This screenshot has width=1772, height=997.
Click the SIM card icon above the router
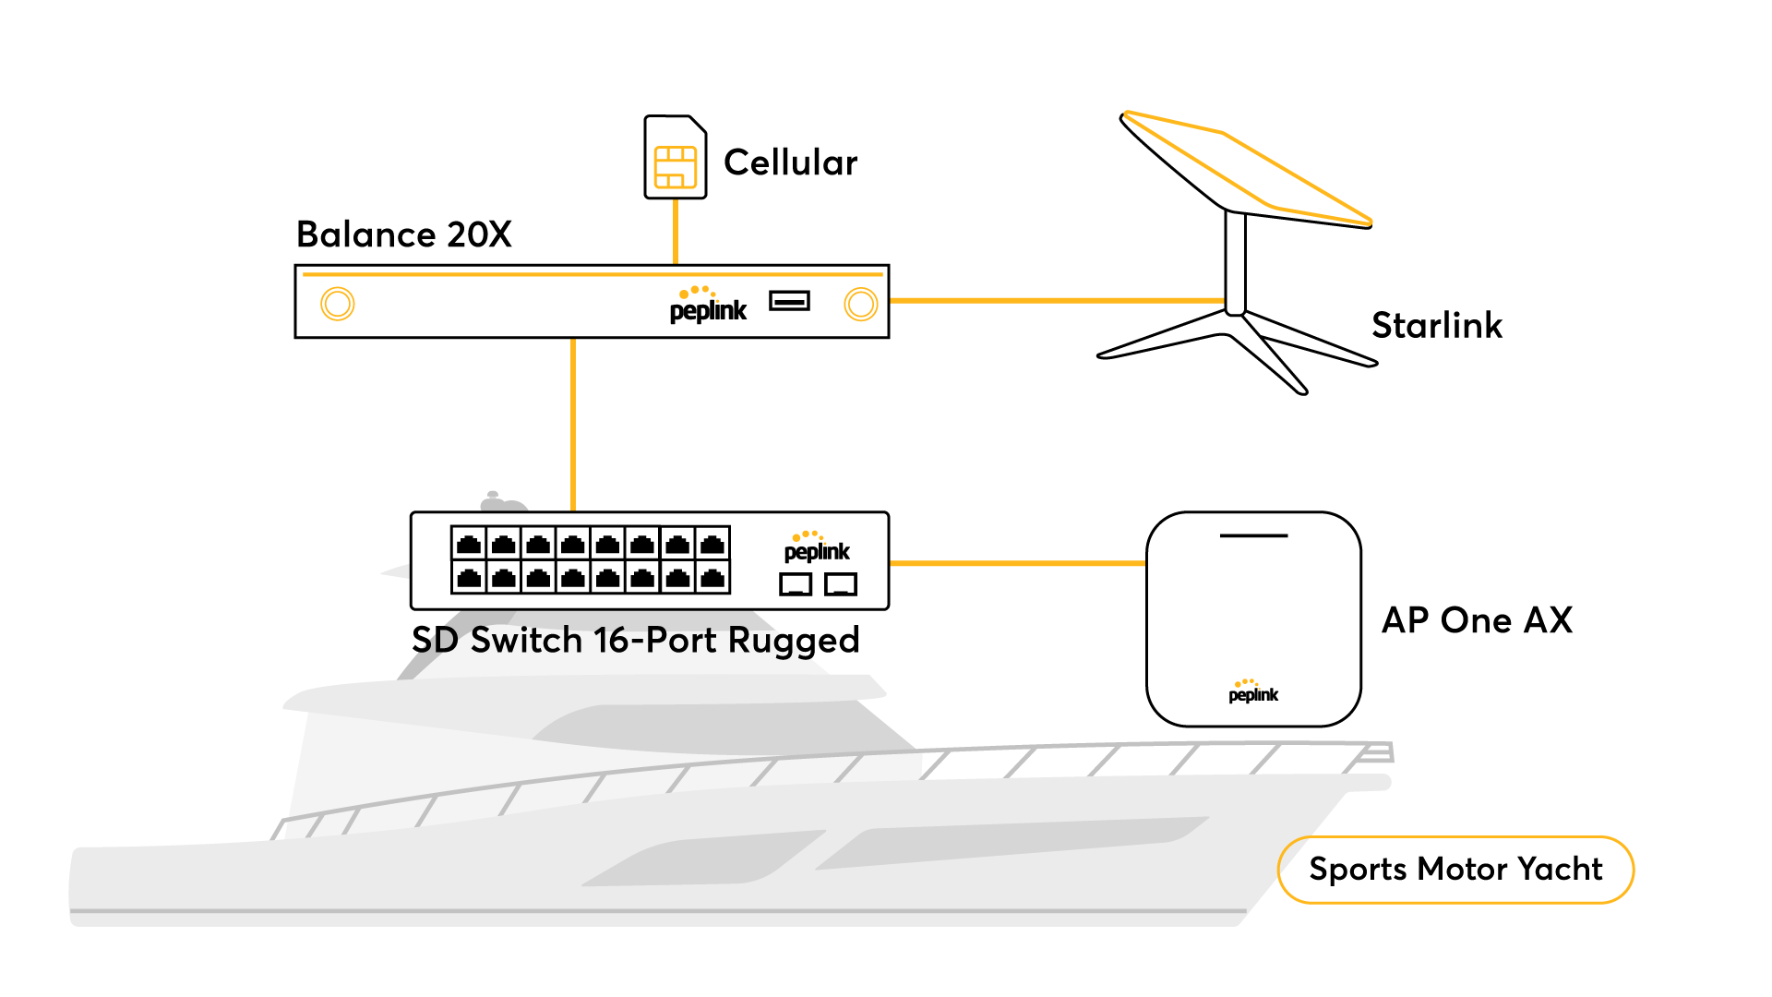point(675,167)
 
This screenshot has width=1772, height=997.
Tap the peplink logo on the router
point(708,306)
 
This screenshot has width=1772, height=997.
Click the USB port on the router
point(789,301)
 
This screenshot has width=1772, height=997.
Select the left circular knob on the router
point(337,304)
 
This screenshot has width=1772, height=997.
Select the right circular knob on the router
point(860,304)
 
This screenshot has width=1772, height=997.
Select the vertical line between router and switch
point(573,425)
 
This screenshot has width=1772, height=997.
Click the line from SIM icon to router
point(676,231)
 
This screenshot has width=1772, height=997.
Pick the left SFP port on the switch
point(796,583)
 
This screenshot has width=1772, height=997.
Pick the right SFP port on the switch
point(841,583)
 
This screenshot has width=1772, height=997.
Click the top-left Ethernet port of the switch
point(469,544)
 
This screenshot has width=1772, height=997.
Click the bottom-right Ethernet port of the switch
point(712,578)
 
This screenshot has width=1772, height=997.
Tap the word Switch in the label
point(526,640)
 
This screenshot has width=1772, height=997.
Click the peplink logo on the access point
point(1252,692)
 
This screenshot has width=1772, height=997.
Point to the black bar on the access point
point(1253,535)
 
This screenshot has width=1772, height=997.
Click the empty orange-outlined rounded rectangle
point(1455,870)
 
